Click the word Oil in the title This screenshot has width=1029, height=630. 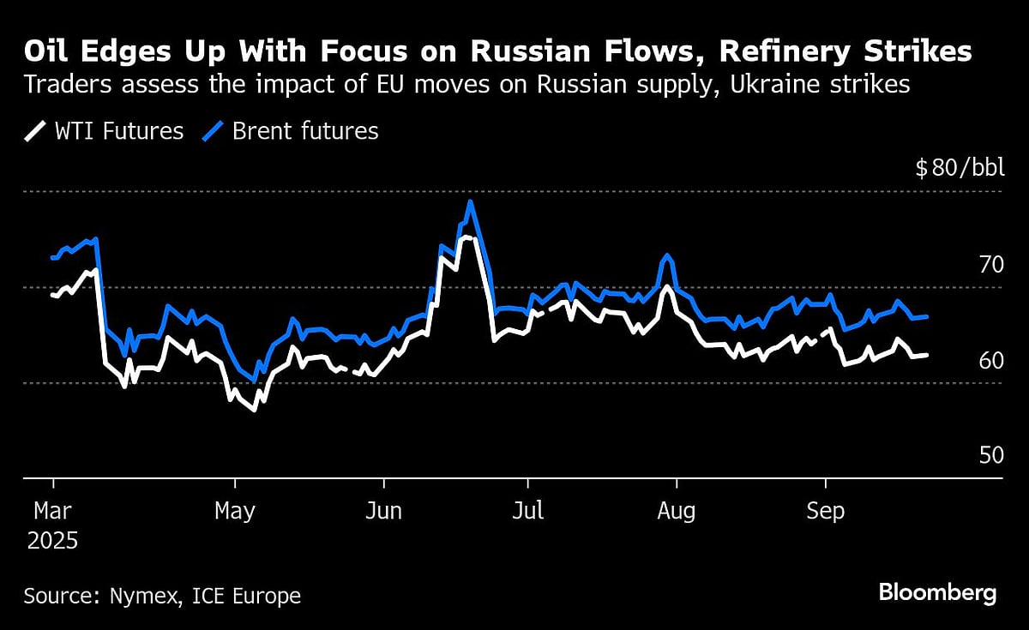click(46, 52)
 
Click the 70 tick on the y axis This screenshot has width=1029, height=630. click(991, 264)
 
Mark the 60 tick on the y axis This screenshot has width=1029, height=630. click(991, 360)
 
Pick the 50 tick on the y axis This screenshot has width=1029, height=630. click(991, 455)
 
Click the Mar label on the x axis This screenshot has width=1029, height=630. click(52, 512)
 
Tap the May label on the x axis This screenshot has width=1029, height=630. click(235, 512)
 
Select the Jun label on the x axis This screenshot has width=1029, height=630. click(383, 512)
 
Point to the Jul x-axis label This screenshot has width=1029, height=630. click(528, 512)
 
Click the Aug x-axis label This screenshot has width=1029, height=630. click(676, 512)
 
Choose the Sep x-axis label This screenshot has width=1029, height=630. click(825, 512)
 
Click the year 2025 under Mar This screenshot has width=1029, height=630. click(51, 542)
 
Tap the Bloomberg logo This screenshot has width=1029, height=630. click(937, 593)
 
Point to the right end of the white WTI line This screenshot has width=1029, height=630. click(927, 355)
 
